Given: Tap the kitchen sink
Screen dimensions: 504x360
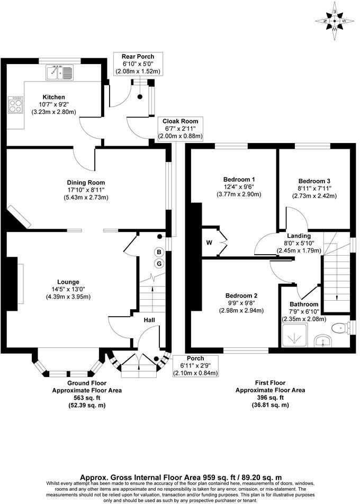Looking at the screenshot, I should coord(62,72).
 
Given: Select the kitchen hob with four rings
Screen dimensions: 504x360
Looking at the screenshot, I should coord(16,104).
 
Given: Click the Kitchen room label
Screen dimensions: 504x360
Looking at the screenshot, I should coord(53,97).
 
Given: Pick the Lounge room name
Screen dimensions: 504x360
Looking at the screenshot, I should coord(69,282).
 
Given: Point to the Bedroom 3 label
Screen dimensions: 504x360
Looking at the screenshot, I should coord(313,180).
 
